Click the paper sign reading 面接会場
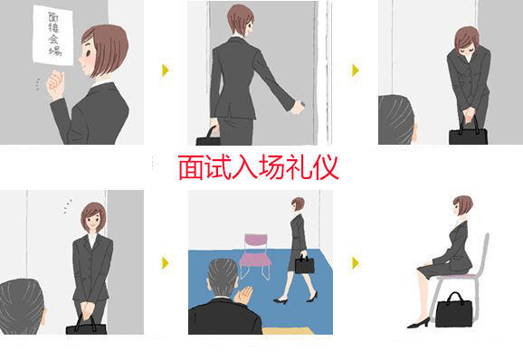point(53,35)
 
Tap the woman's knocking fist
point(55,83)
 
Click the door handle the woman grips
point(301,105)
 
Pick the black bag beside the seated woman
point(454,309)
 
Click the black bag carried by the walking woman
point(305,265)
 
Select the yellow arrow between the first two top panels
point(166,71)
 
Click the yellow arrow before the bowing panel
point(356,71)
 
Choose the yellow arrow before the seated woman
point(356,263)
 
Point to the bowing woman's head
point(467,42)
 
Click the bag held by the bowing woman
point(468,133)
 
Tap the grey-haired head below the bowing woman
point(397,120)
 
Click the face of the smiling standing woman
point(92,221)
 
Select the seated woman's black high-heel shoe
point(419,323)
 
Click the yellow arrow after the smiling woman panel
point(166,263)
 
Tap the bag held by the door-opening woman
point(208,137)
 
